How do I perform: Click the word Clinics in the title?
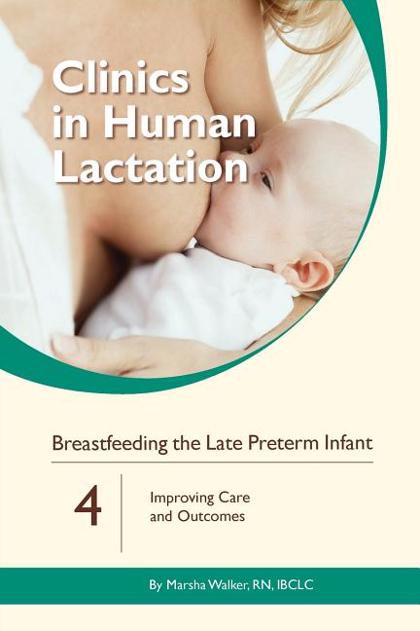pos(121,78)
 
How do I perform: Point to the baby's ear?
pos(307,272)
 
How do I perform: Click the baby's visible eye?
pos(266,179)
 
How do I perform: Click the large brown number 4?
pos(87,505)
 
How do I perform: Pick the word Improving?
pos(183,499)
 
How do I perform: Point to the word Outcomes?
pos(211,516)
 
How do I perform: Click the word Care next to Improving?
pos(234,498)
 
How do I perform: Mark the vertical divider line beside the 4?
pos(122,513)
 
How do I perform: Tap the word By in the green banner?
pos(156,585)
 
